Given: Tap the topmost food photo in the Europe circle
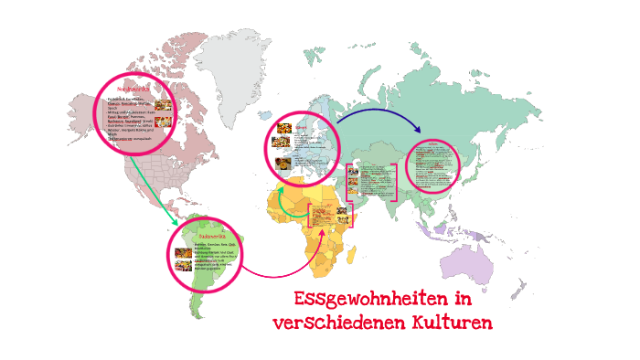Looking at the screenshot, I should coord(284,130).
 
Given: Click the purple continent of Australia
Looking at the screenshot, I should coord(484,265).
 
